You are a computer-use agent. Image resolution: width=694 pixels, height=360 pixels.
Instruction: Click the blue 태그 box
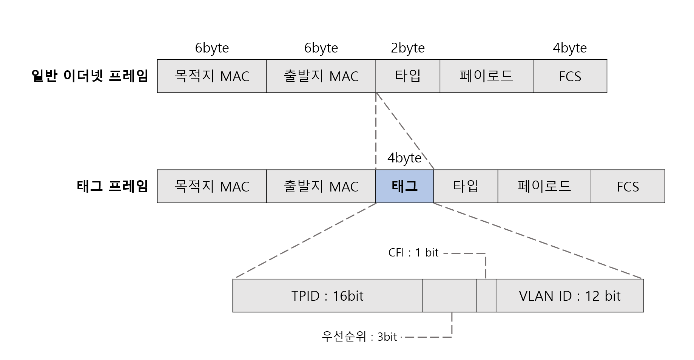click(x=404, y=186)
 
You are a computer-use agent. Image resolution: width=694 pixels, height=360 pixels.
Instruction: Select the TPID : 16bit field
click(x=327, y=296)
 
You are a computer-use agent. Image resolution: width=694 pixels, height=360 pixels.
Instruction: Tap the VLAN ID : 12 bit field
click(x=569, y=296)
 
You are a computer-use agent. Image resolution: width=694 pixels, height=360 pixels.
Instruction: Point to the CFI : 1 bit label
click(x=413, y=253)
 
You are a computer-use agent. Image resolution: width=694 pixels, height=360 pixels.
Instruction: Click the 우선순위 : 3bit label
click(x=359, y=337)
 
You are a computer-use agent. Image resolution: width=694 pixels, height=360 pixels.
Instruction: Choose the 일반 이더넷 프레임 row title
click(x=90, y=76)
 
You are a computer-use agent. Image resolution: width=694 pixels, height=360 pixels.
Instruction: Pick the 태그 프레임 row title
click(x=112, y=186)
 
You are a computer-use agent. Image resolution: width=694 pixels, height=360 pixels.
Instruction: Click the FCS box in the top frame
click(x=569, y=76)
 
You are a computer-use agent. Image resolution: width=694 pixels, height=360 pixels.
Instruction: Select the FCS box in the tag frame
click(x=628, y=186)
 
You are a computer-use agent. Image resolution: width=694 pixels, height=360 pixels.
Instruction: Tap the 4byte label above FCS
click(x=569, y=48)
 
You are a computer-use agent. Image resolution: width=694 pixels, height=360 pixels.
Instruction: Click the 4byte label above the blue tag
click(x=404, y=158)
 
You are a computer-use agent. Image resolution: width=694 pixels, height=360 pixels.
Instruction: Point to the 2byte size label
click(x=407, y=48)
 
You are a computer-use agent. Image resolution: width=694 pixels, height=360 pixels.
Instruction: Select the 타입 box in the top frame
click(x=407, y=76)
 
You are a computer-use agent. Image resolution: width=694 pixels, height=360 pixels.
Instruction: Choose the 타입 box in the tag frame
click(x=466, y=186)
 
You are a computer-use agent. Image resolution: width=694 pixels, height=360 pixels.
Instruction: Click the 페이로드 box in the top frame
click(x=486, y=76)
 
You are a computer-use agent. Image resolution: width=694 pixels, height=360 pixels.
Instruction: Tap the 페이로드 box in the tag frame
click(x=544, y=186)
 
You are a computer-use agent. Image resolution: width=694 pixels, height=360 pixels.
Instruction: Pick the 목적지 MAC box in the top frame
click(x=212, y=76)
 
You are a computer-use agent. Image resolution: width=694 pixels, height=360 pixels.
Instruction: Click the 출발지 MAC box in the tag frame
click(x=321, y=186)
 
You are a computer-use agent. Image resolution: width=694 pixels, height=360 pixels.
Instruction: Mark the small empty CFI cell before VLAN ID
click(x=486, y=296)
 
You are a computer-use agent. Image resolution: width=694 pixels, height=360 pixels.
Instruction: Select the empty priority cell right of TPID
click(x=449, y=296)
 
